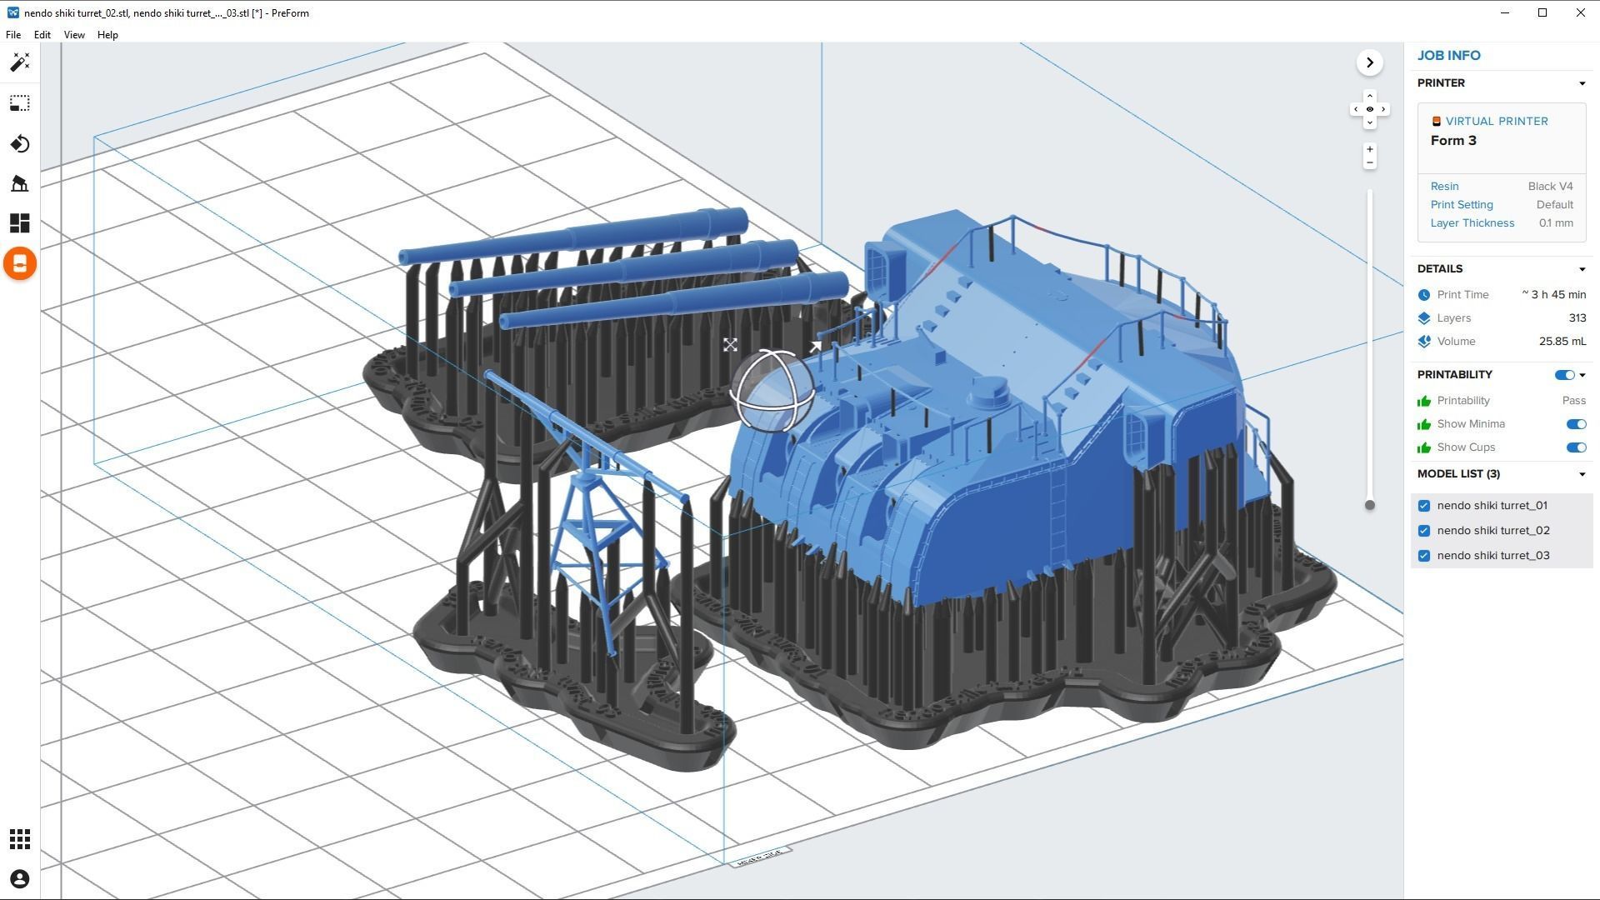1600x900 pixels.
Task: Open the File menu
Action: point(13,35)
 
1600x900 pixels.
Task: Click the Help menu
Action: point(107,35)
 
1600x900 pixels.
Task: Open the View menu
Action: point(74,35)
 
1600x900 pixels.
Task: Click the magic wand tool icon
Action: point(20,62)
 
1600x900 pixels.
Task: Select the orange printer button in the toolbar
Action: point(20,264)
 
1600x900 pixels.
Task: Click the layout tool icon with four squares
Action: point(20,223)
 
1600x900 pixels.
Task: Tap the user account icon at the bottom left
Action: point(20,879)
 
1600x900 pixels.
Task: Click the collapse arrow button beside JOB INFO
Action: point(1369,62)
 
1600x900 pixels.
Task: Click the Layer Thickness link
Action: point(1472,223)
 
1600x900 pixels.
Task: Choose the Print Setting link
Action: point(1461,205)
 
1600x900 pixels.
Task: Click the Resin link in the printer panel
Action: point(1444,187)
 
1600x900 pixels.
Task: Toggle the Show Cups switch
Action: point(1575,447)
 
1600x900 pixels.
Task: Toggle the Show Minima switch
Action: point(1575,424)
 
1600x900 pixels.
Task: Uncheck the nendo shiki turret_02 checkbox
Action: point(1424,531)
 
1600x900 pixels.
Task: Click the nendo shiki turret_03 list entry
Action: point(1492,556)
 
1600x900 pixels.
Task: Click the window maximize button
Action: point(1542,12)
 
